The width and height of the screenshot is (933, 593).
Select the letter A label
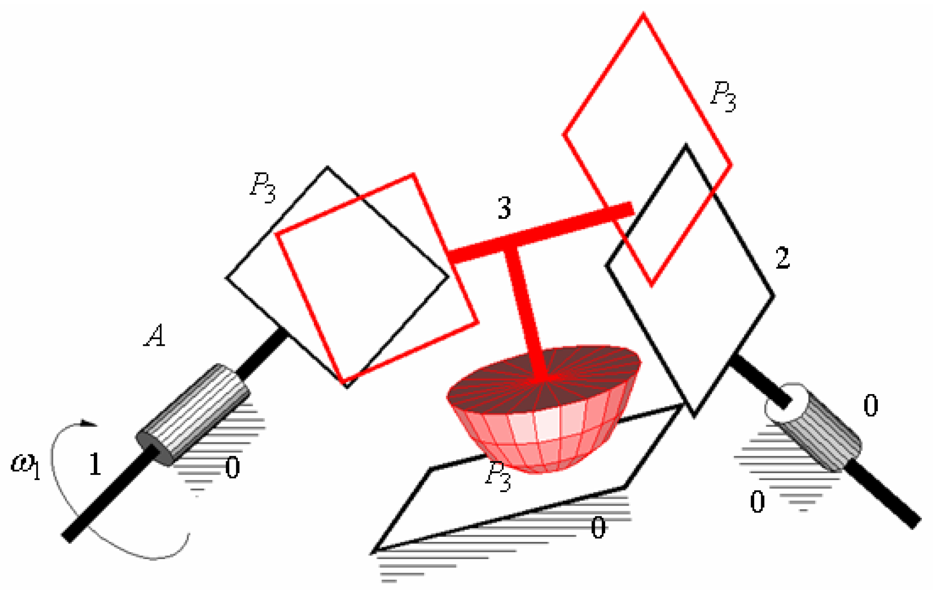(x=155, y=336)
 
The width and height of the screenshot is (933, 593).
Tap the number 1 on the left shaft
(x=95, y=463)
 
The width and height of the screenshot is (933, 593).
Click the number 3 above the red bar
(x=504, y=208)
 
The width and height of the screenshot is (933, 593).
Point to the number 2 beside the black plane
(x=783, y=258)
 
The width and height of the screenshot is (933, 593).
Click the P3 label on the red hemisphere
(x=497, y=476)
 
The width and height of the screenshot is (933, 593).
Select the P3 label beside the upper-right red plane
(x=723, y=96)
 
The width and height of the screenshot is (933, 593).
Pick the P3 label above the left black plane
(x=263, y=187)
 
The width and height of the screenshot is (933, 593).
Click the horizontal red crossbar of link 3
(x=541, y=232)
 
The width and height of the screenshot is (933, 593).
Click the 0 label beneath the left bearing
(x=232, y=468)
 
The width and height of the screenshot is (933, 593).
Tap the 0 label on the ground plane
(x=598, y=528)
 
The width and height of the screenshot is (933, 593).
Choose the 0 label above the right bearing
(x=871, y=405)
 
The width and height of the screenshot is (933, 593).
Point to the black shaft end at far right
(x=882, y=495)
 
